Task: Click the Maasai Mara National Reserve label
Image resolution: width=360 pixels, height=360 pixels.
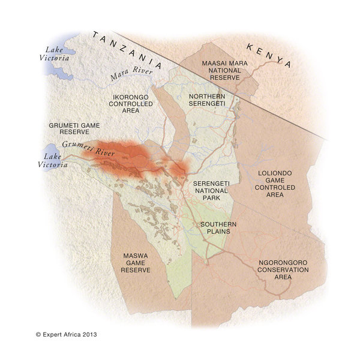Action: pyautogui.click(x=221, y=70)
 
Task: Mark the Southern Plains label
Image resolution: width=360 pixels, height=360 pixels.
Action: pyautogui.click(x=218, y=228)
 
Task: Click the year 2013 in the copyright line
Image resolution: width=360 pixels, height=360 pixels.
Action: pyautogui.click(x=88, y=334)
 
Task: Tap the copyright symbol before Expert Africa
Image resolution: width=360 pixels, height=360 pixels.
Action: pyautogui.click(x=38, y=334)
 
